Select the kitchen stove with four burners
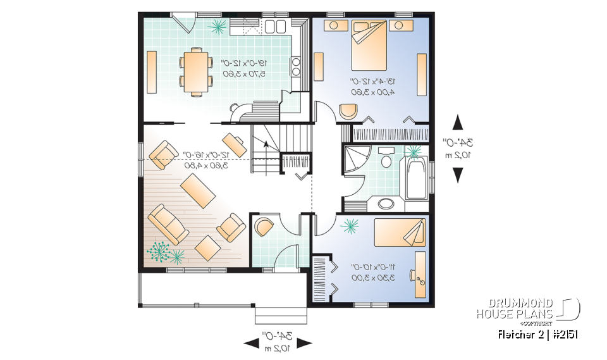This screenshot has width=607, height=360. click(x=295, y=66)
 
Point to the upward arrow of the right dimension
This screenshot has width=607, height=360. click(x=457, y=123)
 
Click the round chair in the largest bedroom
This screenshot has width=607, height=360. click(x=348, y=111)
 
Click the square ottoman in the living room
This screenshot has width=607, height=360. click(x=207, y=247)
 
